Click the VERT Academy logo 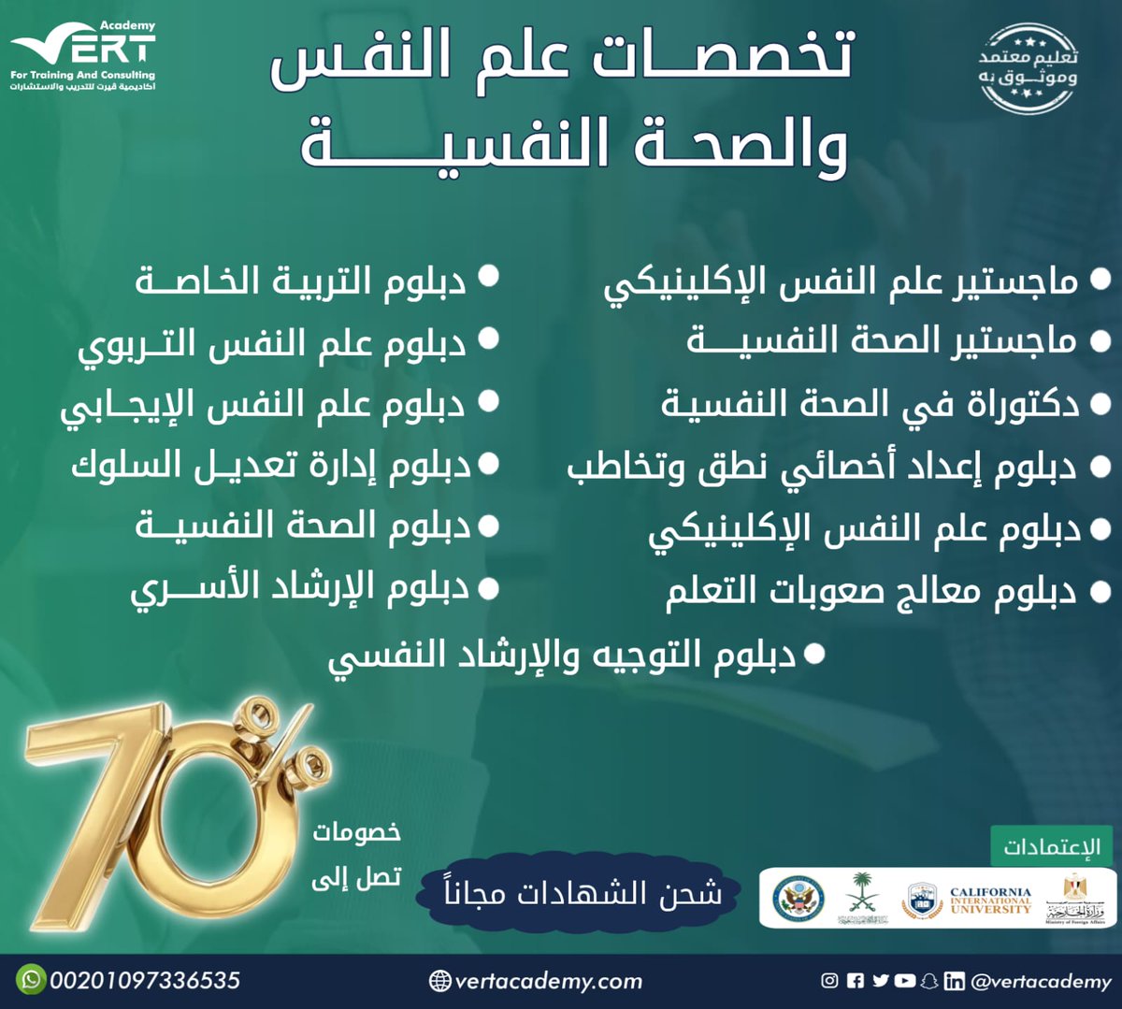coord(83,55)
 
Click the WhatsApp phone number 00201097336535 coord(145,980)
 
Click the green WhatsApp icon coord(32,979)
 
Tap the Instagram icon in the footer coord(829,980)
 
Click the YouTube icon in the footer coord(904,980)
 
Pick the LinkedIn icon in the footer coord(954,980)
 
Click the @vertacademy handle coord(1041,981)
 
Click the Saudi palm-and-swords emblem coord(862,899)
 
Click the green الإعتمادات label coord(1052,847)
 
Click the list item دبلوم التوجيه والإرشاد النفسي coord(561,656)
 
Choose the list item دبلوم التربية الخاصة coord(300,280)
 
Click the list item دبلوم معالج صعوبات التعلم coord(870,593)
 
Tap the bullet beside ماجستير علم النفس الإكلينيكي coord(1100,280)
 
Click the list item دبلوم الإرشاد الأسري coord(299,588)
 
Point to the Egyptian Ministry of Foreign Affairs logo coord(1075,899)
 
